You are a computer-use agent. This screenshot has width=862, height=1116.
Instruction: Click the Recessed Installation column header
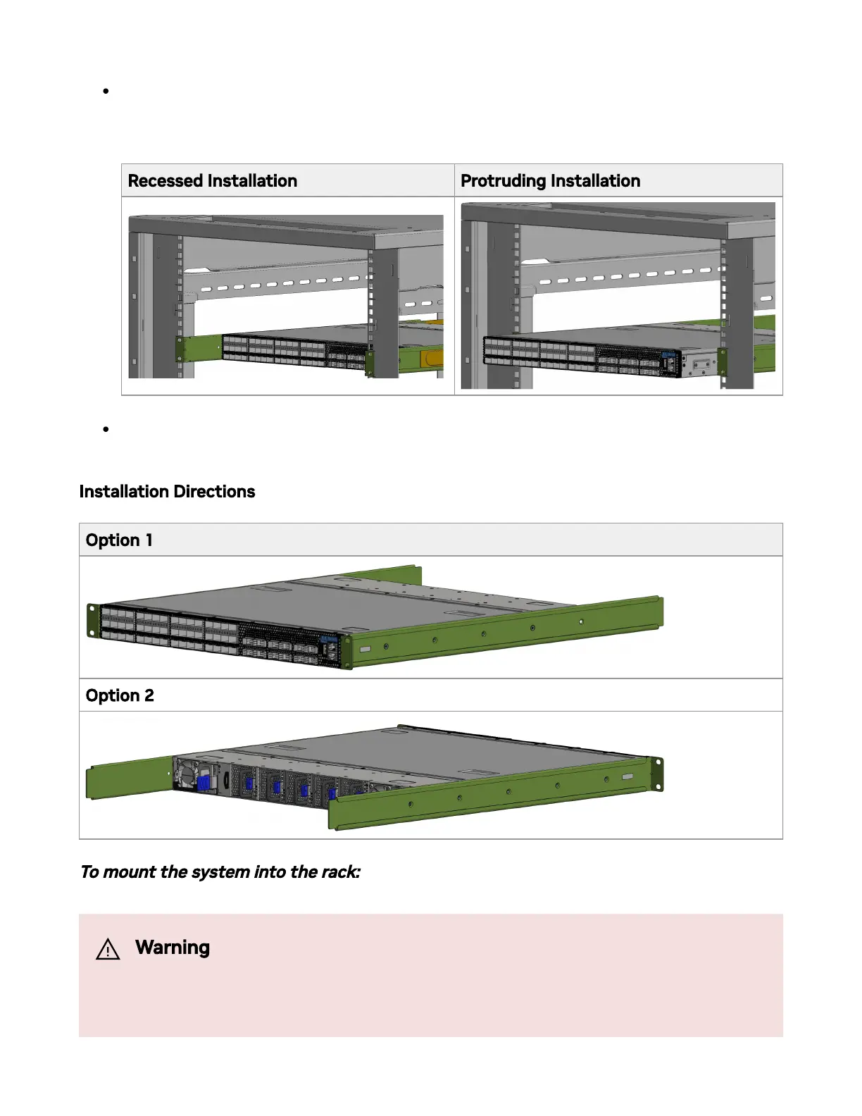[212, 181]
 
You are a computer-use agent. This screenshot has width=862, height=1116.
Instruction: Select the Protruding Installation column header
[550, 181]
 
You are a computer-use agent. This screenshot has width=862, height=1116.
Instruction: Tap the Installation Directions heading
[167, 492]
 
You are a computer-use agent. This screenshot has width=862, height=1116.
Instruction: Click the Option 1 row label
[119, 540]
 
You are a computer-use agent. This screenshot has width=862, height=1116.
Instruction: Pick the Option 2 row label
[120, 696]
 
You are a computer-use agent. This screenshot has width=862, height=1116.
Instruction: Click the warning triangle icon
[108, 950]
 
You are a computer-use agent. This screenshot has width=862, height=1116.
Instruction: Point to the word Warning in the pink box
[173, 948]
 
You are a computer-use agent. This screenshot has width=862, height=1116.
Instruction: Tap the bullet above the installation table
[106, 91]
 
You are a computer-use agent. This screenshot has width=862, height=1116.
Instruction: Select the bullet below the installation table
[106, 429]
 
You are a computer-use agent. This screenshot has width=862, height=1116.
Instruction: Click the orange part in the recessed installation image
[431, 359]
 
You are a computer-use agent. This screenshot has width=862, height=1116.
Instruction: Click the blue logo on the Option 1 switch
[328, 639]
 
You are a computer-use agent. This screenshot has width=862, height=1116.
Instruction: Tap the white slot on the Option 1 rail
[365, 650]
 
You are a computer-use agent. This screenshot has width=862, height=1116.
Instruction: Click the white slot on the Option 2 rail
[627, 776]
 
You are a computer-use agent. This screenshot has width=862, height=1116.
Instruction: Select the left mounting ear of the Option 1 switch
[92, 620]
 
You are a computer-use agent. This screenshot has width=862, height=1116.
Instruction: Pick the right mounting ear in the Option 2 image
[656, 774]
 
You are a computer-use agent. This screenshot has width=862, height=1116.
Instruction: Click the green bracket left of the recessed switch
[201, 348]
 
